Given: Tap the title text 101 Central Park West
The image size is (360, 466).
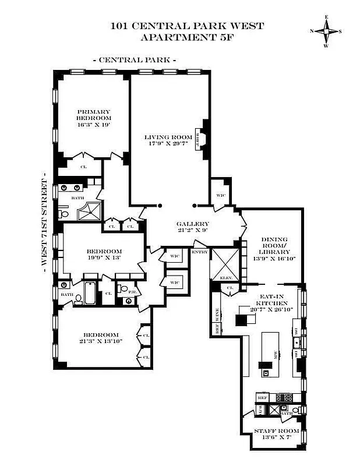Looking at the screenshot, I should [187, 26].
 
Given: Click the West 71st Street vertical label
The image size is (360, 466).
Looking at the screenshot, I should [44, 219].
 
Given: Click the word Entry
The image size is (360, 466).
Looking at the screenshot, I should [199, 252].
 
